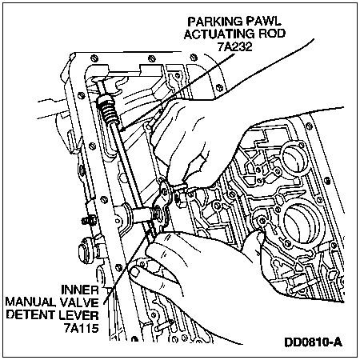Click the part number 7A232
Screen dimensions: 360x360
pos(234,47)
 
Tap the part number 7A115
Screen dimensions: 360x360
pos(81,328)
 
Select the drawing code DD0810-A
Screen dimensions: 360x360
pos(314,342)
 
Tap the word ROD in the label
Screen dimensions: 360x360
pos(271,34)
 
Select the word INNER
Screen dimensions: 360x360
pos(80,290)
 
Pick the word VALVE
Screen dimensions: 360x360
pos(79,302)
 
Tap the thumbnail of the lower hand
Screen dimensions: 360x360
pos(134,272)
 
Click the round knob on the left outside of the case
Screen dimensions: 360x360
pos(86,250)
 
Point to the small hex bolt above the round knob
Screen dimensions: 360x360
pos(89,221)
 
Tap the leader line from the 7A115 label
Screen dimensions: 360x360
pos(126,266)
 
